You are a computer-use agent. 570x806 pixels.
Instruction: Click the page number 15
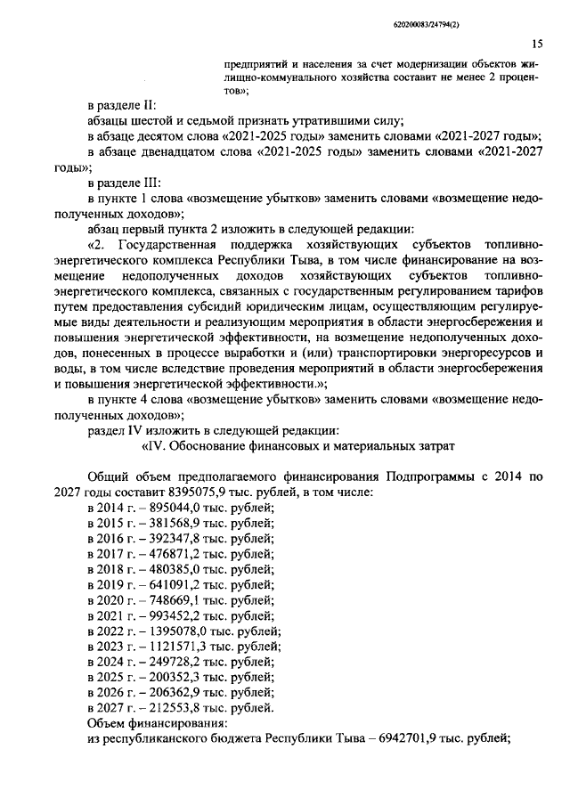point(537,44)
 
